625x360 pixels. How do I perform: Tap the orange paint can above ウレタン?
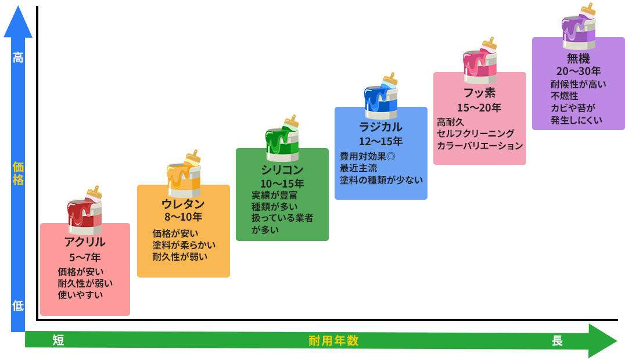click(x=184, y=177)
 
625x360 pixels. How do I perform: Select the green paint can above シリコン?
click(x=282, y=142)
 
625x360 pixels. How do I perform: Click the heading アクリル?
click(x=85, y=242)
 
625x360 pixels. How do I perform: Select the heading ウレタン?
click(x=183, y=204)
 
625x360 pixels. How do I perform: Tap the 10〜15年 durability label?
click(x=282, y=183)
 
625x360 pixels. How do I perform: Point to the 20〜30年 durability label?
click(x=578, y=71)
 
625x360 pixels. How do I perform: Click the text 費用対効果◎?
click(x=368, y=156)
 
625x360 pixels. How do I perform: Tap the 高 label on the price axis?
click(x=18, y=58)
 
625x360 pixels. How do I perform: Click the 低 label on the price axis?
click(x=18, y=306)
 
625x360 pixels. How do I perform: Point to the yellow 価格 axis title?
click(x=18, y=174)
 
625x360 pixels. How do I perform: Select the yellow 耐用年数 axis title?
click(x=333, y=341)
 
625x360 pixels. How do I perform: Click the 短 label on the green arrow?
click(x=58, y=341)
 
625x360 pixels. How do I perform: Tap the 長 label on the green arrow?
click(x=556, y=341)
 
